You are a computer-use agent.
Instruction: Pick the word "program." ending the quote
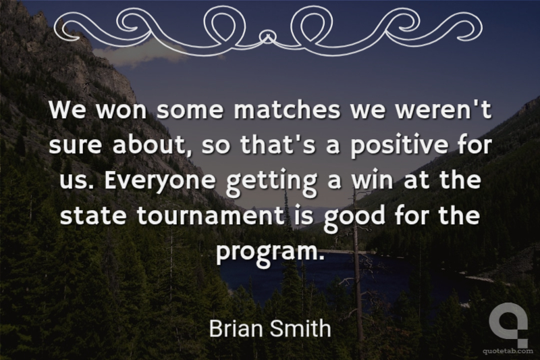coord(270,253)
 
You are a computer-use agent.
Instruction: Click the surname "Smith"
coord(300,328)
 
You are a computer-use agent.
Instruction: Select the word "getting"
coord(271,181)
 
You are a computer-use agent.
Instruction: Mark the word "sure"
coord(76,146)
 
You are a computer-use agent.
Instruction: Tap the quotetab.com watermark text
coord(508,351)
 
